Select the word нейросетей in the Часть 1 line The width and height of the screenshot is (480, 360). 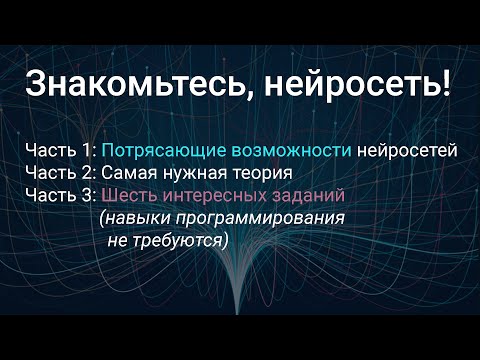tap(407, 152)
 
